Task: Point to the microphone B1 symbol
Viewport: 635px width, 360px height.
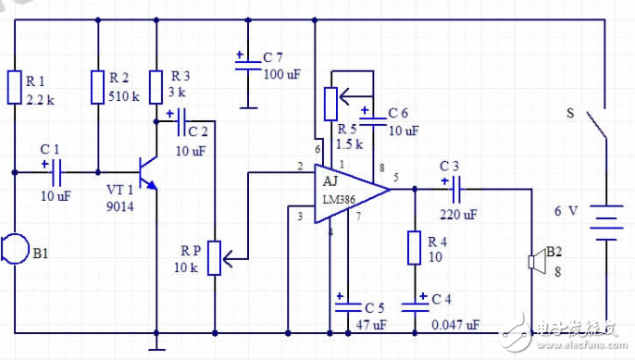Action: click(12, 249)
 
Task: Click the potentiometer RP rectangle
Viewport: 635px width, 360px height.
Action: click(215, 258)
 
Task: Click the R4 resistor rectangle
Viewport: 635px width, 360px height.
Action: click(414, 248)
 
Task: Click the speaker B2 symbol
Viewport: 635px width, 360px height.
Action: click(534, 262)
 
